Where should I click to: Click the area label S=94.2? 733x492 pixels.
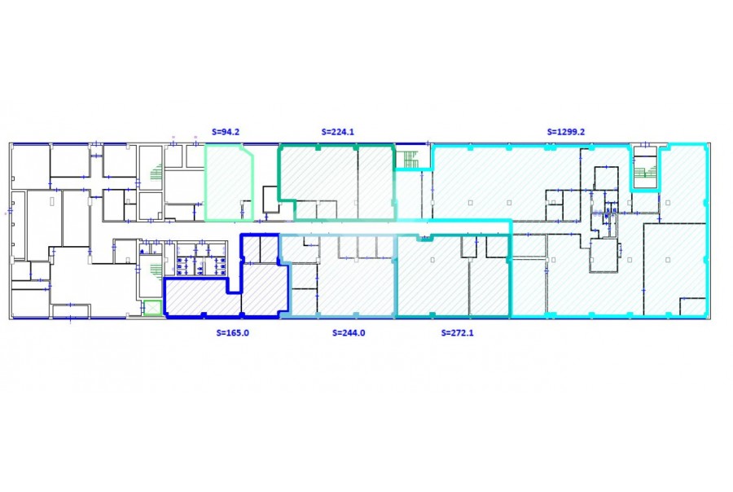(226, 132)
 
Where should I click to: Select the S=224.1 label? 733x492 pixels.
(337, 132)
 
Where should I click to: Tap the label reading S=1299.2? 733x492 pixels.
(566, 132)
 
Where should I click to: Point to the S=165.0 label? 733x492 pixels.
(232, 333)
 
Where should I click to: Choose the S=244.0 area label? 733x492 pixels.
(349, 333)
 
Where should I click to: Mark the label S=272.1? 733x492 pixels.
(457, 333)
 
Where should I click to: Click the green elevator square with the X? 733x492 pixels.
(152, 308)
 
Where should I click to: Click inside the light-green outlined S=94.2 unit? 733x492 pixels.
(229, 183)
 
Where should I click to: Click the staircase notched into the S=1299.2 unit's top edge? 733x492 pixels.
(645, 169)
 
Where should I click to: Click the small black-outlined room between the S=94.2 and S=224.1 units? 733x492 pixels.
(270, 200)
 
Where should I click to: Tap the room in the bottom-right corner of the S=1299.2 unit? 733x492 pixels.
(692, 306)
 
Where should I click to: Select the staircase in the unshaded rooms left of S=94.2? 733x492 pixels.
(157, 172)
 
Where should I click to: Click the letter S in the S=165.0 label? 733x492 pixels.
(218, 333)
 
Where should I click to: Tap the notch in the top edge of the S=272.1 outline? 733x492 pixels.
(424, 238)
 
